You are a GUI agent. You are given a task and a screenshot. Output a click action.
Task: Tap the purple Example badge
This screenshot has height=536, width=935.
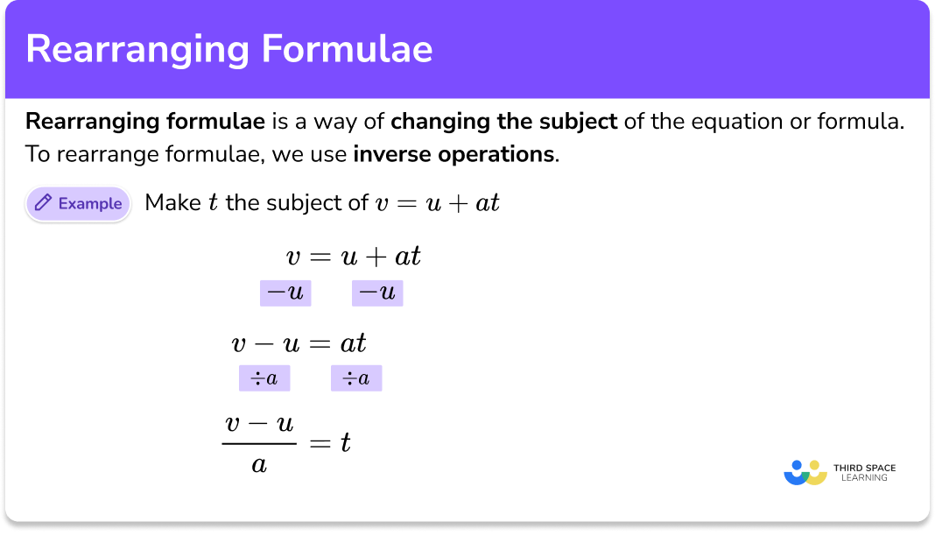coord(78,204)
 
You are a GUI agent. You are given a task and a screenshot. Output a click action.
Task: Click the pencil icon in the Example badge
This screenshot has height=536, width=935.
coord(42,204)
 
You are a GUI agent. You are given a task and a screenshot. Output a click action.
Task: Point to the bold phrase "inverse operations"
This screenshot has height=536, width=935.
coord(453,155)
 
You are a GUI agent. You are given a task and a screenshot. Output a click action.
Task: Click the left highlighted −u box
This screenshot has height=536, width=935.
coord(285,293)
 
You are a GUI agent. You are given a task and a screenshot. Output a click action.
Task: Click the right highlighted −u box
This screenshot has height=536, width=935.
coord(377,293)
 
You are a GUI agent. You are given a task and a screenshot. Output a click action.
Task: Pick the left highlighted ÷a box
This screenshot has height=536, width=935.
coord(264,378)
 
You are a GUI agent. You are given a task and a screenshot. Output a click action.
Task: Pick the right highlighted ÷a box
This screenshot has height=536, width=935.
coord(356,378)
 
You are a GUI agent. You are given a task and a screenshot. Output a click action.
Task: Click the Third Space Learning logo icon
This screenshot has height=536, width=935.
coord(805,473)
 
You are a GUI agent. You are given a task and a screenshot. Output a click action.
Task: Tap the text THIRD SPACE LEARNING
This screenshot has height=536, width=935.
coord(864,473)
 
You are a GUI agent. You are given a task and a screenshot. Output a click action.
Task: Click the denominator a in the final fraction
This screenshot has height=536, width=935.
coord(258,463)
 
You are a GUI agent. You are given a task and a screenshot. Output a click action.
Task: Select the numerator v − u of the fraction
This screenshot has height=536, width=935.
coord(258,424)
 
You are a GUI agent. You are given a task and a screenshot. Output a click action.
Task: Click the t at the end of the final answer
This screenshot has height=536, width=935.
coord(346,443)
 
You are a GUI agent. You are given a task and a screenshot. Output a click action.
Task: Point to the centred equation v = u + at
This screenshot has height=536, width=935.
coord(354,257)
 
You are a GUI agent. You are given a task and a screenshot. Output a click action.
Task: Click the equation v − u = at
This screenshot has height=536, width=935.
coord(299,342)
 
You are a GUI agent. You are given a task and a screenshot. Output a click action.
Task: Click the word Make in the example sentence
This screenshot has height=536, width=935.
coord(172,204)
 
